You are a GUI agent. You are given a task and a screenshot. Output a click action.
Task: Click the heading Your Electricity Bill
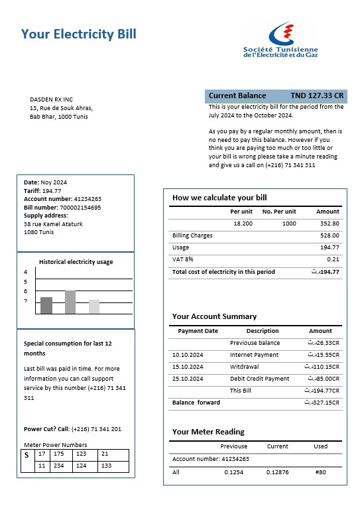(79, 34)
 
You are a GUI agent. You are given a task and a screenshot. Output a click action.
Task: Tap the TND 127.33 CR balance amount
(317, 96)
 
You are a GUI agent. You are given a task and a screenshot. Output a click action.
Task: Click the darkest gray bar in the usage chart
(46, 305)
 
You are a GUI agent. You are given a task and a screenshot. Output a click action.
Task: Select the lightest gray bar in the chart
(94, 306)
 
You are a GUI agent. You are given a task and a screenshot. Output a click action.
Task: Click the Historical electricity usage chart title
(76, 262)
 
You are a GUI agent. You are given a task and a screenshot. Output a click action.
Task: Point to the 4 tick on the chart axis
(26, 272)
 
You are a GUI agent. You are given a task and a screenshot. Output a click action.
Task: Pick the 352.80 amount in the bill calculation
(329, 224)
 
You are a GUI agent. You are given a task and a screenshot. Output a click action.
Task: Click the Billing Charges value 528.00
(330, 235)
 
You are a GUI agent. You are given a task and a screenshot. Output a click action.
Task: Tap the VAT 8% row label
(182, 259)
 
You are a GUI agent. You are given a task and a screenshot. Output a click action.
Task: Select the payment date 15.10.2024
(188, 367)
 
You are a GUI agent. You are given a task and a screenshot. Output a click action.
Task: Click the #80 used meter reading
(321, 472)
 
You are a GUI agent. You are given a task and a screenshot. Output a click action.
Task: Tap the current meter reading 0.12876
(277, 472)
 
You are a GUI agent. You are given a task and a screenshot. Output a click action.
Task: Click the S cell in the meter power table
(27, 455)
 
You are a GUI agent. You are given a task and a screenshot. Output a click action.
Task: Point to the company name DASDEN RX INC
(51, 99)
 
